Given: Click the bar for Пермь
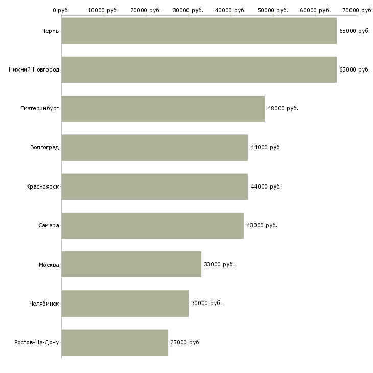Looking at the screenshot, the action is point(199,31).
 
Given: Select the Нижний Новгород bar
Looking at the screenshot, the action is point(199,69).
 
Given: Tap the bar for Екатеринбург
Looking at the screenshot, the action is point(163,108).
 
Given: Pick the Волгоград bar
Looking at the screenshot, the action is point(155,148).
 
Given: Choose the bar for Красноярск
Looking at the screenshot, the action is point(155,186).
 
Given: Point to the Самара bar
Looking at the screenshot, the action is point(153,225).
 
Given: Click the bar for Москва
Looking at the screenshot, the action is point(131,264).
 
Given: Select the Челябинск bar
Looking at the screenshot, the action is point(125,304).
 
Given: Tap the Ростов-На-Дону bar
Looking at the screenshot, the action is point(114,342).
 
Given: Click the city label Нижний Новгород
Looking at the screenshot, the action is point(34,69).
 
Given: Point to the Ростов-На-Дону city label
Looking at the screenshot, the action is point(37,342).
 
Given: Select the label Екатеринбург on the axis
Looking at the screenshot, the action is point(39,109).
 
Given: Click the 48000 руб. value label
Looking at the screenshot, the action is point(283,108).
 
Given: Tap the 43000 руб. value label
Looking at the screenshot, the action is point(262,225).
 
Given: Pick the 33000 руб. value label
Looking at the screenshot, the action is point(219,264).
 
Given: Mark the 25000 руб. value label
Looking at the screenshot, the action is point(185,342).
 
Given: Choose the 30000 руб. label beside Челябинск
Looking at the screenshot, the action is point(206,303).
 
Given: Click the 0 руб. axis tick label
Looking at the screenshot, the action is point(61,10).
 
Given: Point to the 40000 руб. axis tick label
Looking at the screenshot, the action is point(230,10).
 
